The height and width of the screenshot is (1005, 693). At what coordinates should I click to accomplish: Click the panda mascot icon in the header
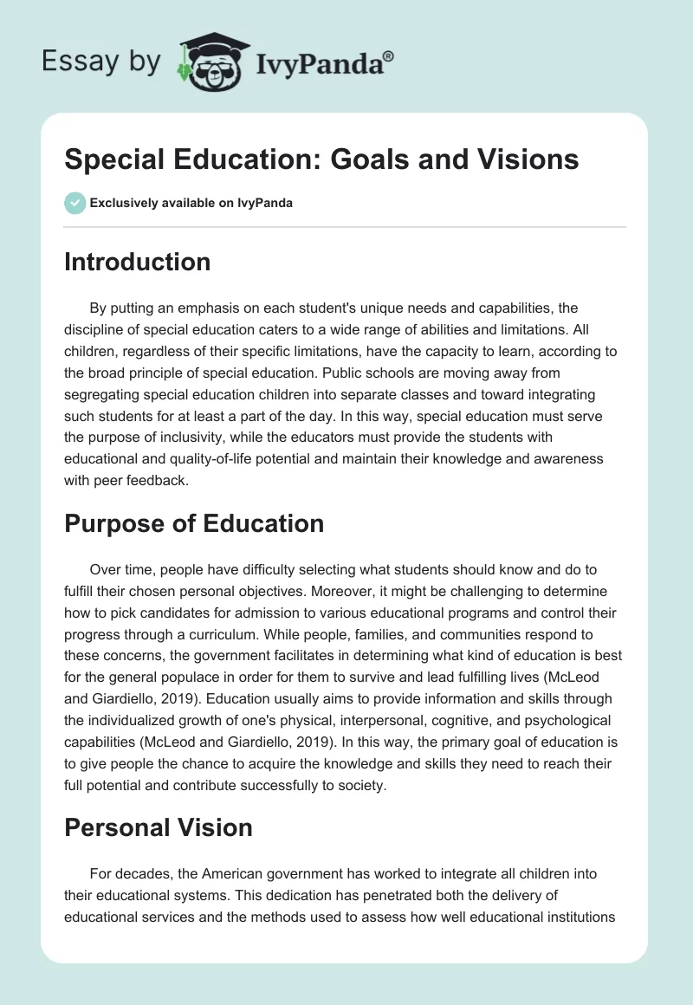pyautogui.click(x=207, y=66)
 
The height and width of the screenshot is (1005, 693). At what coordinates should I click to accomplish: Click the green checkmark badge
pyautogui.click(x=74, y=203)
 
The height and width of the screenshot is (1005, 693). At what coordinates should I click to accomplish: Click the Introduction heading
pyautogui.click(x=137, y=262)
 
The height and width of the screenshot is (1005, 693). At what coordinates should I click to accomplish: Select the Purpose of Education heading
pyautogui.click(x=194, y=523)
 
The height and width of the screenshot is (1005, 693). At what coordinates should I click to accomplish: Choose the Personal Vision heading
pyautogui.click(x=159, y=827)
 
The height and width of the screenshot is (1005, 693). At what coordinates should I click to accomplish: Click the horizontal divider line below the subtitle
pyautogui.click(x=345, y=227)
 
